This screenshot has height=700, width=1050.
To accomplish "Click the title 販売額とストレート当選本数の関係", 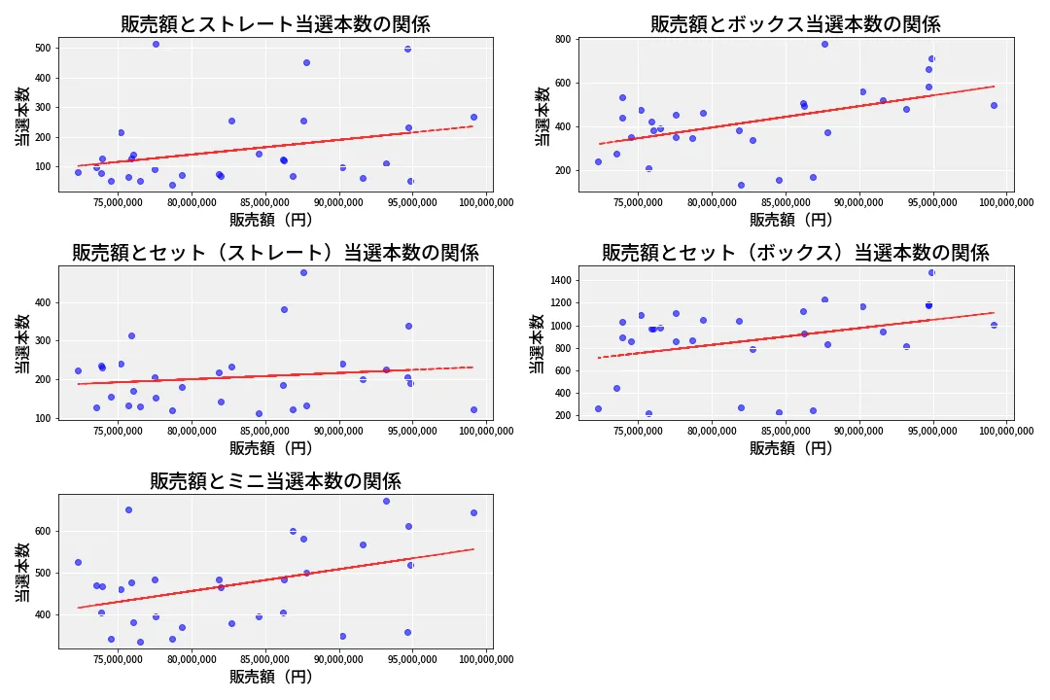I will pyautogui.click(x=275, y=24).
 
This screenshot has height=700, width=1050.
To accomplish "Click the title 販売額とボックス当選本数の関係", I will pyautogui.click(x=795, y=24).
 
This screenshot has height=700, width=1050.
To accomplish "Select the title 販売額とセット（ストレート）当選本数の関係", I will pyautogui.click(x=275, y=253).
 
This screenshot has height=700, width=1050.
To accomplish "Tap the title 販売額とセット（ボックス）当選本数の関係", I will pyautogui.click(x=795, y=253).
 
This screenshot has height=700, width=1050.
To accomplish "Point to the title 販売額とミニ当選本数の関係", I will pyautogui.click(x=275, y=481).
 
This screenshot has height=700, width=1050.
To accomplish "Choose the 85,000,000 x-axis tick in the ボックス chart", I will pyautogui.click(x=786, y=203).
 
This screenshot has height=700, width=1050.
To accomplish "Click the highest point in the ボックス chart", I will pyautogui.click(x=824, y=44).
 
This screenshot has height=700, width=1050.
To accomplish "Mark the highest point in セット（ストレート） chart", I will pyautogui.click(x=303, y=272).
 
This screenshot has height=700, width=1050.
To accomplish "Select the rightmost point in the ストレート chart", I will pyautogui.click(x=473, y=117).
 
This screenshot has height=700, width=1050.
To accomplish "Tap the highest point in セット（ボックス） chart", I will pyautogui.click(x=931, y=272).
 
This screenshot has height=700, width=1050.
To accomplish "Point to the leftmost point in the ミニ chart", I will pyautogui.click(x=78, y=562).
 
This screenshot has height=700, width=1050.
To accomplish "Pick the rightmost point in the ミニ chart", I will pyautogui.click(x=473, y=512).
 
